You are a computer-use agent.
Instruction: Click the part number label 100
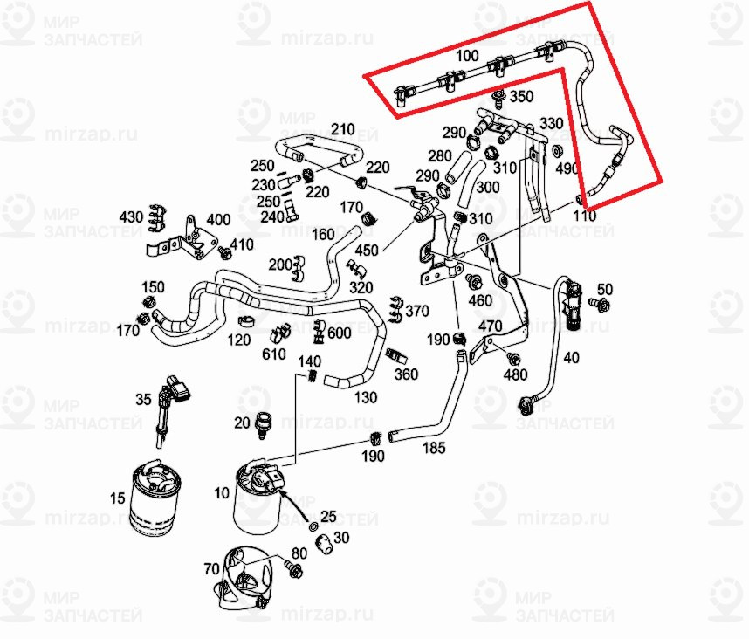tap(467, 56)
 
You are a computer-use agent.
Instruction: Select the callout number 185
tap(434, 448)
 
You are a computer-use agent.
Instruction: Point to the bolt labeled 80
tap(291, 571)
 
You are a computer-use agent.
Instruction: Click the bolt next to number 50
tap(600, 303)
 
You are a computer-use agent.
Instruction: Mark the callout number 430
tap(131, 216)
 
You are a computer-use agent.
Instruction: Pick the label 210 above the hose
tap(342, 130)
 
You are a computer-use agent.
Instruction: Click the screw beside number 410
tap(225, 253)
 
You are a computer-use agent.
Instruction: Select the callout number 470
tap(490, 326)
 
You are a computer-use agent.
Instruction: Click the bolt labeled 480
tap(513, 359)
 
